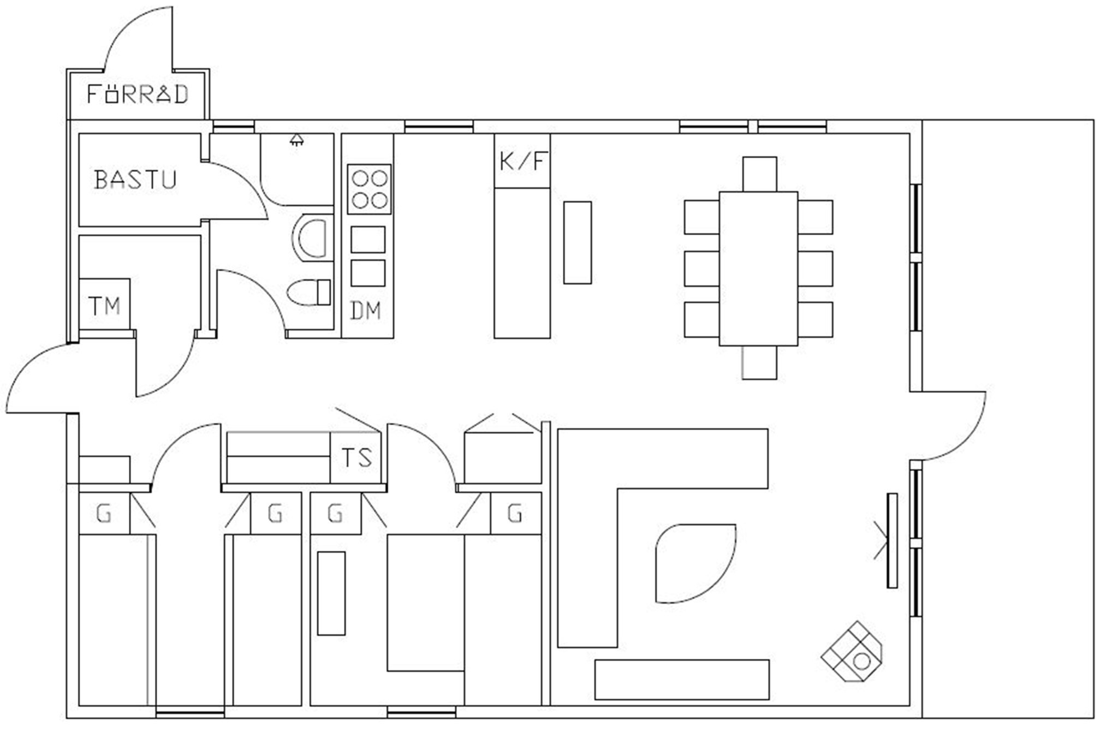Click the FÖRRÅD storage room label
point(138,94)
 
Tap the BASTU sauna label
point(135,180)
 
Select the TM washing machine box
point(104,304)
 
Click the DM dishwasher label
point(365,311)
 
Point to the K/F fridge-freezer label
point(523,162)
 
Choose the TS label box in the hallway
point(356,457)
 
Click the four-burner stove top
point(370,189)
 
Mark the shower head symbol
point(296,140)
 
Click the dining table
point(758,269)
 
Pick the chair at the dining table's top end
point(759,174)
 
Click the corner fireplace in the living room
point(852,652)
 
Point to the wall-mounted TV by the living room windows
point(892,540)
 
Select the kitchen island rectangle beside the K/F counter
point(578,242)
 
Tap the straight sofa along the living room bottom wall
point(682,680)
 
